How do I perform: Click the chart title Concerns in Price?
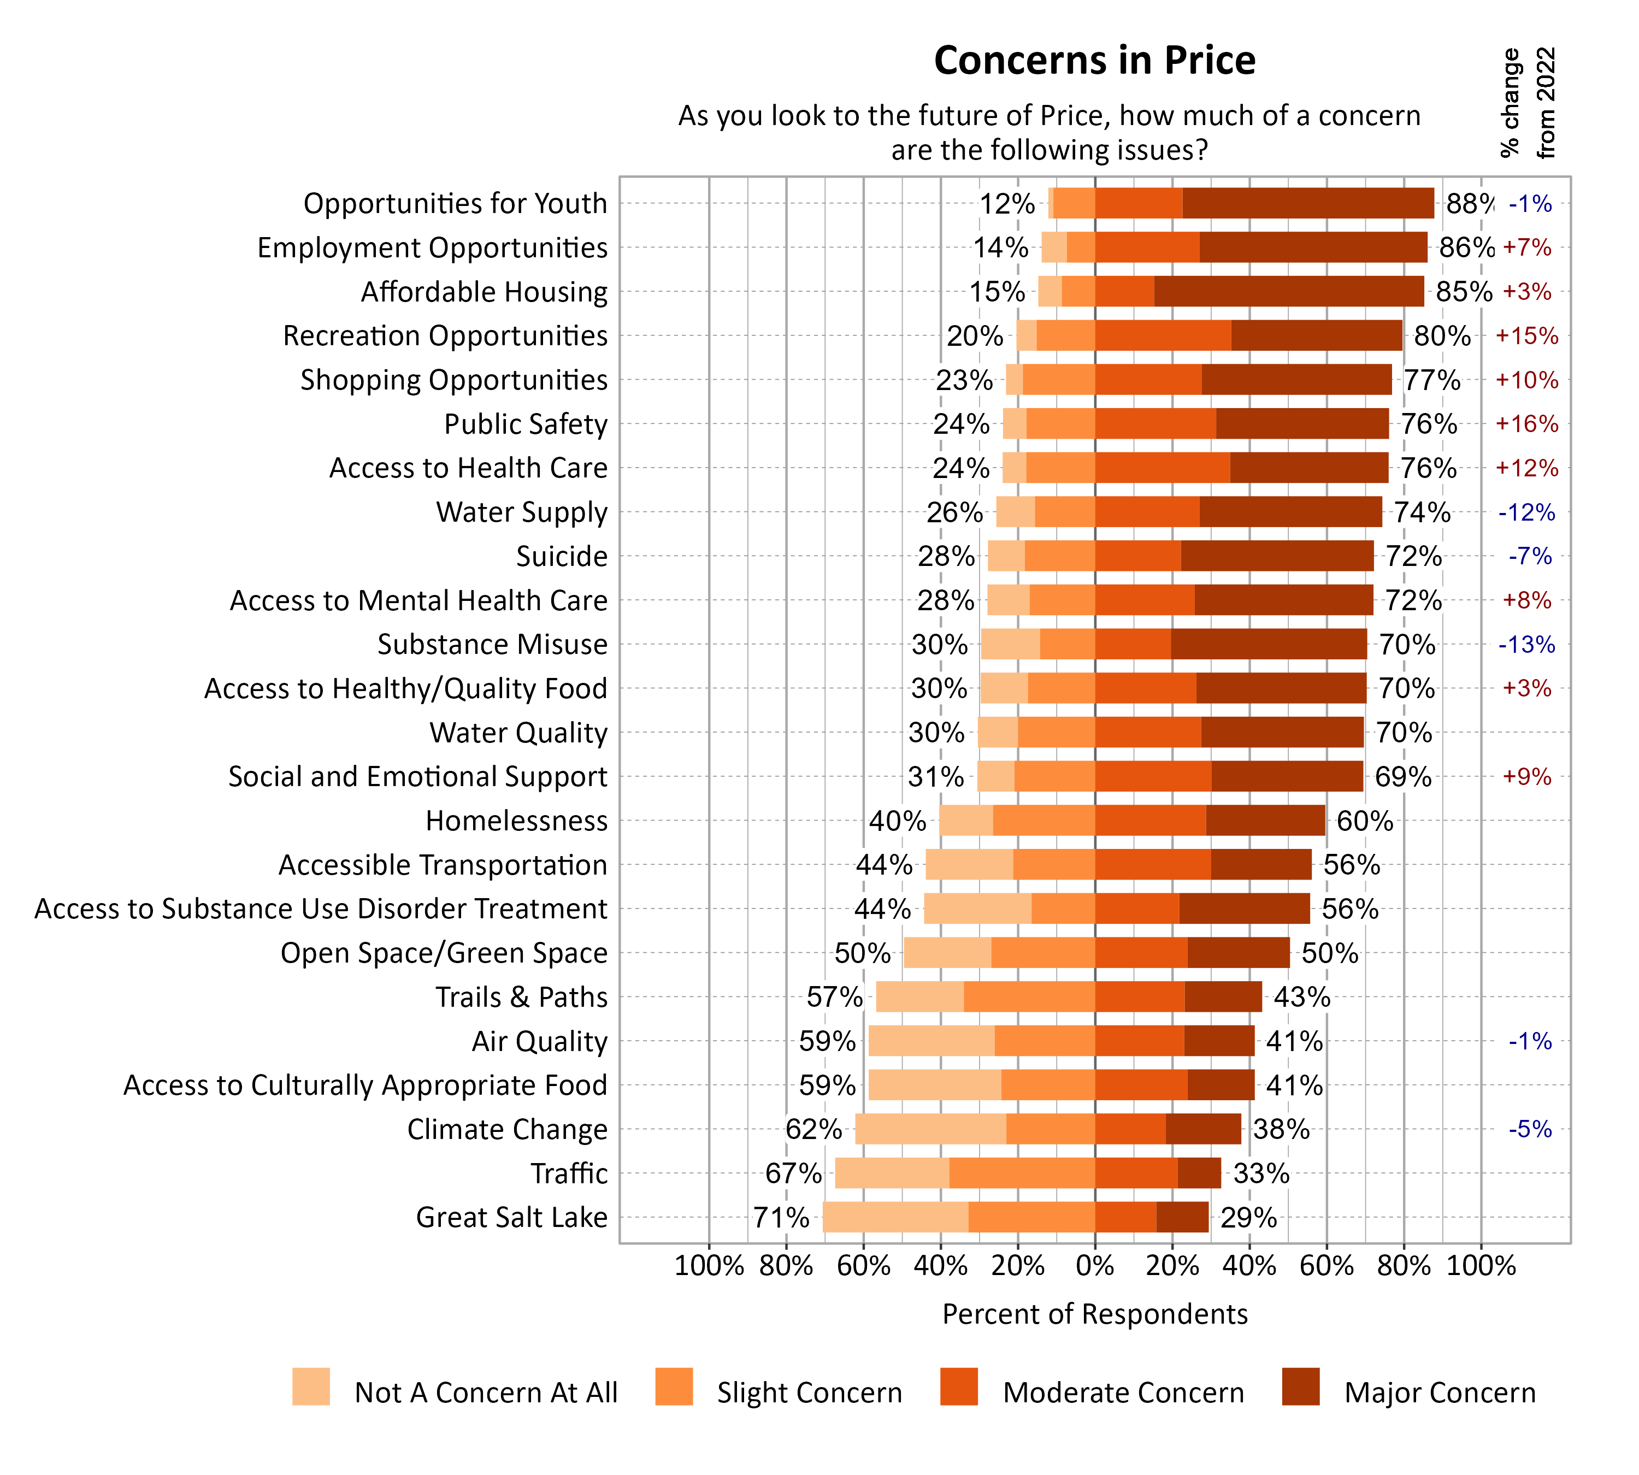pos(1094,61)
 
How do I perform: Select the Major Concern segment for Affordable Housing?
pos(1288,292)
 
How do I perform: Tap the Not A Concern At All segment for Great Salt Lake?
pos(895,1217)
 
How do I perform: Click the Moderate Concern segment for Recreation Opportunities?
pos(1163,335)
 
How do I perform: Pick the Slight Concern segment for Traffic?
pos(1021,1173)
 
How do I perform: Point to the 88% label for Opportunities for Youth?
pos(1469,203)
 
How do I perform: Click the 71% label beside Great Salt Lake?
pos(781,1217)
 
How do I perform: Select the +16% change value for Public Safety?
pos(1526,424)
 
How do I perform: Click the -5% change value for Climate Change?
pos(1530,1129)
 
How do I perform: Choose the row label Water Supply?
pos(521,512)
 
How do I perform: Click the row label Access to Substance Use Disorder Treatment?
pos(320,908)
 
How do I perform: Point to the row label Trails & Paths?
pos(521,997)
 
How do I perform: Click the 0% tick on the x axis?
pos(1094,1266)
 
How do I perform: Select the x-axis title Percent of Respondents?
pos(1094,1314)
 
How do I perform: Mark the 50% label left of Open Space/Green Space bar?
pos(862,953)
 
